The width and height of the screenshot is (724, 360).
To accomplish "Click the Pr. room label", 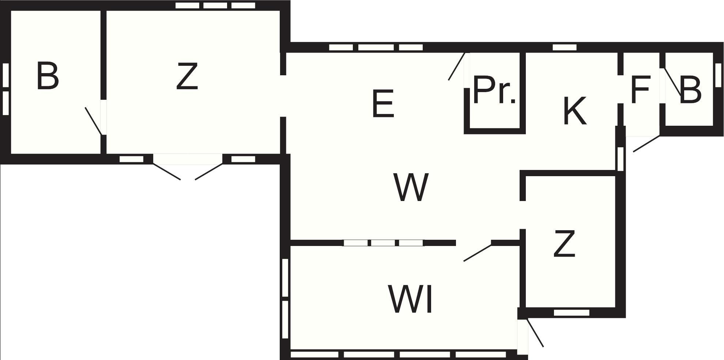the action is click(494, 90).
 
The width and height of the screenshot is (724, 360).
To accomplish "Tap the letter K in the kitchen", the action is click(574, 111).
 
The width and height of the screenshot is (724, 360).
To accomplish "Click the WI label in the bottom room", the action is click(410, 299).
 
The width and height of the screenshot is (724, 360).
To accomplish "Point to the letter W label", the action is click(411, 187).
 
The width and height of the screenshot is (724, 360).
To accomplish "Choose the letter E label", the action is click(383, 104).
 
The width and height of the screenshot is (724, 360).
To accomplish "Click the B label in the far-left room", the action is click(48, 76).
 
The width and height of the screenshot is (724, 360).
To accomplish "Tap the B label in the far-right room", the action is click(691, 89).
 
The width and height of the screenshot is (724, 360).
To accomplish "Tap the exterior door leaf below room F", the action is click(646, 144).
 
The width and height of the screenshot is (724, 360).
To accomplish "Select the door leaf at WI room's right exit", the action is click(535, 333).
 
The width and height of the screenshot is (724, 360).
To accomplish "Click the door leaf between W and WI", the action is click(478, 253).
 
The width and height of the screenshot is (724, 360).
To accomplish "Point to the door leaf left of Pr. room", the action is click(457, 67).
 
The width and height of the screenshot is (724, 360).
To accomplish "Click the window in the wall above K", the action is click(565, 47).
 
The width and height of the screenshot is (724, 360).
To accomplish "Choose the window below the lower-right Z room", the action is click(572, 312).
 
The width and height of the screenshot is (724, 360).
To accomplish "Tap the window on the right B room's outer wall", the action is click(717, 75).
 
